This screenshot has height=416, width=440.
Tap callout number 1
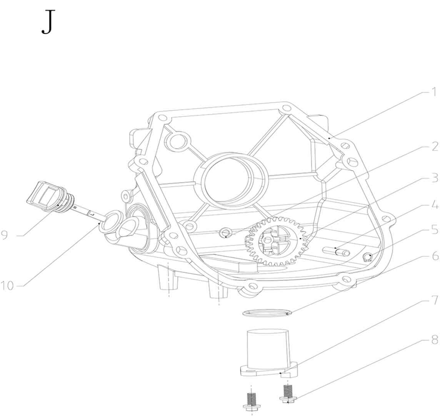click(434, 92)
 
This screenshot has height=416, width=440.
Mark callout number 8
click(435, 340)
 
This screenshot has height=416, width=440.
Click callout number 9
click(5, 235)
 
